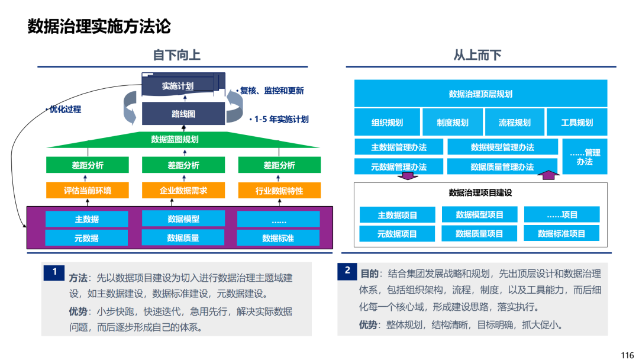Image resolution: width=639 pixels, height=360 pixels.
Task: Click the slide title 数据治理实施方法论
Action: point(99,27)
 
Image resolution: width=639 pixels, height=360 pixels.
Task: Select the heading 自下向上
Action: point(176,55)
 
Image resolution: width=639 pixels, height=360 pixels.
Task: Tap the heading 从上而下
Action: point(477,55)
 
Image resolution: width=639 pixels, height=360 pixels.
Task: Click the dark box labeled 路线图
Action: point(183,114)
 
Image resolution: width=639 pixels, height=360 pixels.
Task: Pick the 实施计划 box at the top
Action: point(179,85)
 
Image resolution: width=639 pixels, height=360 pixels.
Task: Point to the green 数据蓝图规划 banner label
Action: point(175,139)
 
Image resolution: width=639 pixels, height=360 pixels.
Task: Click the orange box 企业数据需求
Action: point(183,191)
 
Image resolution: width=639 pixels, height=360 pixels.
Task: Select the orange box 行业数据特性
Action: point(279,191)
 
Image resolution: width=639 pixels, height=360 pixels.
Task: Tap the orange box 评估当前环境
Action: point(87,191)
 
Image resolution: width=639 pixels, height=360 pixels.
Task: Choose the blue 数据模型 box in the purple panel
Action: point(183,218)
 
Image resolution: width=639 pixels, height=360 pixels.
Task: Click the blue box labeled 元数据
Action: point(86,237)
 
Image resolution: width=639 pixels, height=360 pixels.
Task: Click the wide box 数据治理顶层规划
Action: point(481,94)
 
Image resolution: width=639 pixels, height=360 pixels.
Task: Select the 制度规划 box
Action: point(453,122)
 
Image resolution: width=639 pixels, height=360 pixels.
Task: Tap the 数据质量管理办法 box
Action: point(502,166)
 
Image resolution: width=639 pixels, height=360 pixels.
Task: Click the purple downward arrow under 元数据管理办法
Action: point(408,176)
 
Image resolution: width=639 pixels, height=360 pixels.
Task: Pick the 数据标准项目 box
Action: point(561,233)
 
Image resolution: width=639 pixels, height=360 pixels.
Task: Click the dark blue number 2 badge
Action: point(347,271)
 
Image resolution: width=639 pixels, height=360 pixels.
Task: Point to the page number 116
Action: point(627,355)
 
